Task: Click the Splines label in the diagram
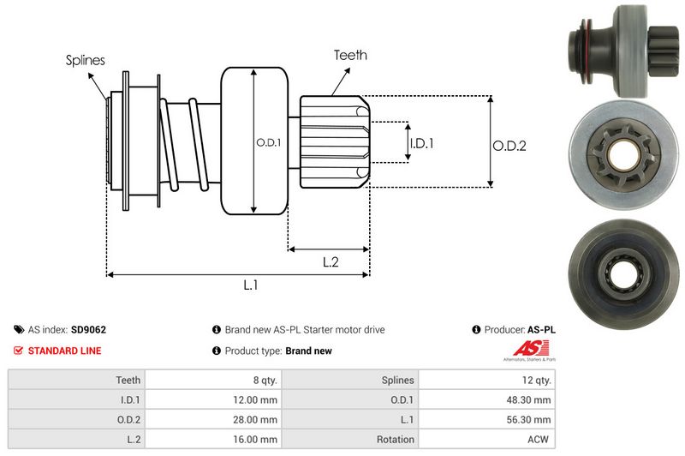tap(85, 60)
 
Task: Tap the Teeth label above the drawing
tap(350, 55)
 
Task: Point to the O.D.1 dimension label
tap(268, 142)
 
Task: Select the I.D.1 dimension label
tap(421, 143)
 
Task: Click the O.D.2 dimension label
tap(509, 146)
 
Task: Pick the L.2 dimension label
tap(331, 262)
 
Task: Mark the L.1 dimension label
tap(251, 285)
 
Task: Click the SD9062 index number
tap(88, 329)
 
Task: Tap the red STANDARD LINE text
tap(64, 351)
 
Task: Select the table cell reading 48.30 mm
tap(530, 399)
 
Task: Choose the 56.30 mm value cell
tap(530, 419)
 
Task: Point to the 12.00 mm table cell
tap(256, 399)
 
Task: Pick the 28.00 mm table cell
tap(256, 419)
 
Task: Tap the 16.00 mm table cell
tap(256, 440)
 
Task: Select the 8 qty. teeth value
tap(261, 379)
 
